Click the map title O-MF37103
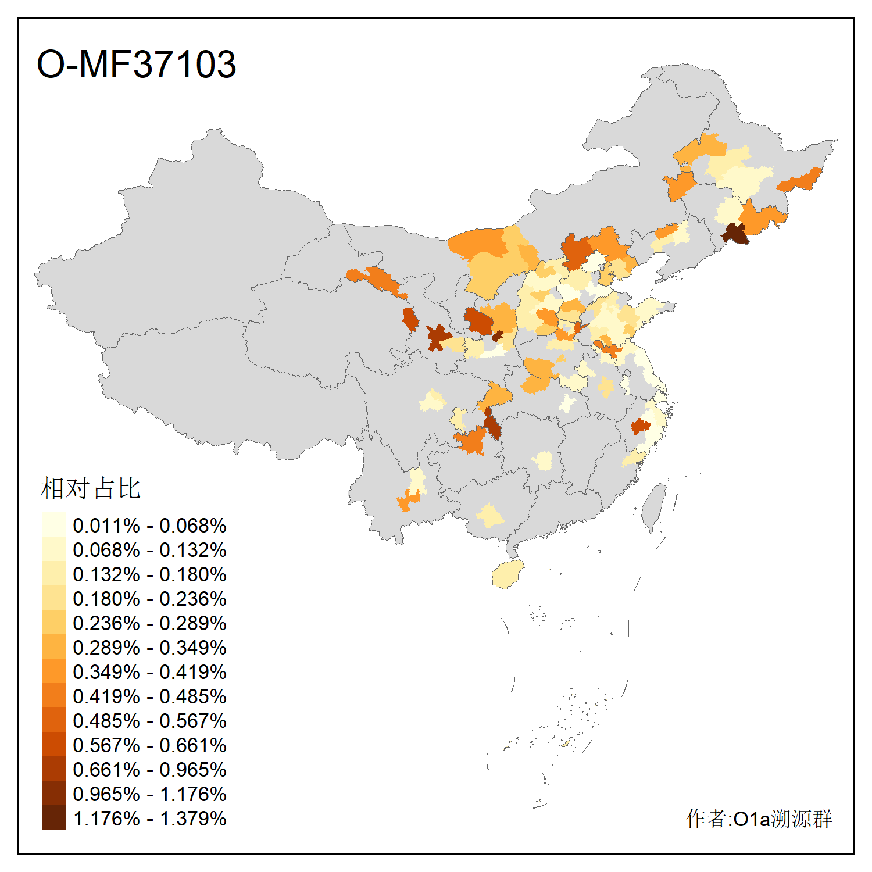tap(136, 64)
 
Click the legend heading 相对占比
tap(91, 488)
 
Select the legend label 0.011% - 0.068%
tap(149, 526)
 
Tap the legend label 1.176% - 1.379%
tap(149, 819)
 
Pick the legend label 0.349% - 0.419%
tap(149, 672)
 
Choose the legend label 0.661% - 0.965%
tap(149, 770)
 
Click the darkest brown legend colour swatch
tap(53, 817)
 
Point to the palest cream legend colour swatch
tap(53, 524)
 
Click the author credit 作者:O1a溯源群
tap(759, 819)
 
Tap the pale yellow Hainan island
tap(508, 574)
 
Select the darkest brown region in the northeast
tap(735, 233)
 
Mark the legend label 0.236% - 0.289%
tap(149, 623)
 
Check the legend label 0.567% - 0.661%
tap(149, 745)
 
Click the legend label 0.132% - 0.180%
tap(149, 574)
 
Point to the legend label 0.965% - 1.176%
tap(149, 794)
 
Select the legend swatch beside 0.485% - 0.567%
tap(53, 720)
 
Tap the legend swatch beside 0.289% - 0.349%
tap(53, 646)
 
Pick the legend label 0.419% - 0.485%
tap(149, 696)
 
